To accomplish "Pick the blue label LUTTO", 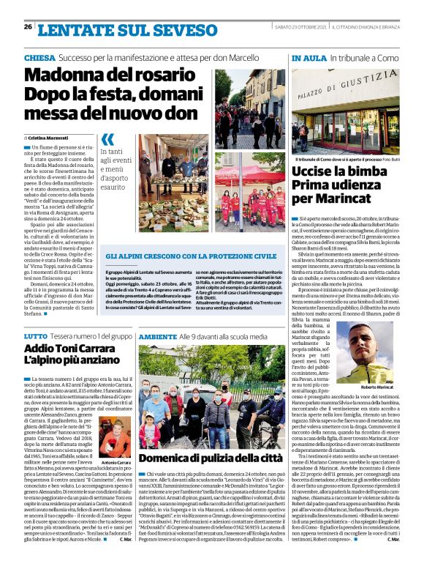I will click(x=36, y=335).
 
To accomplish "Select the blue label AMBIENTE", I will click(x=157, y=335).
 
